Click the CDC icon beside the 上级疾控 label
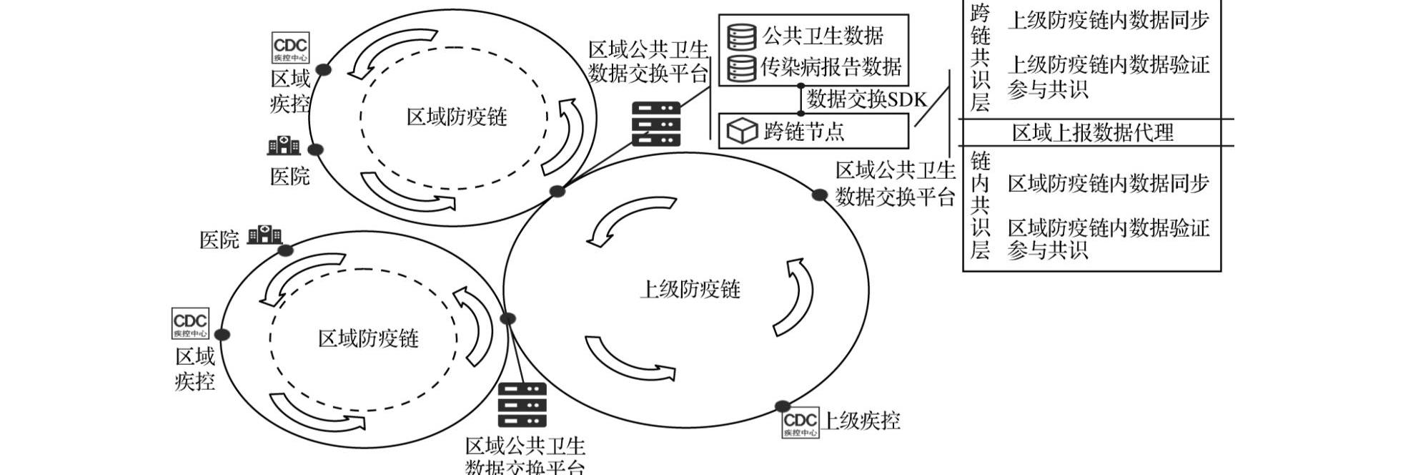tap(800, 423)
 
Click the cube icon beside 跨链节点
tap(741, 132)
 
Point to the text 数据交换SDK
tap(866, 99)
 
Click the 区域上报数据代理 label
tap(1092, 133)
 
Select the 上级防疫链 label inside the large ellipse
tap(689, 290)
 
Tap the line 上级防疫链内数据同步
tap(1108, 21)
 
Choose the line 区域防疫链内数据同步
tap(1108, 184)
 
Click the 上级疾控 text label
tap(862, 421)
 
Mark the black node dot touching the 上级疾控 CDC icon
tap(783, 406)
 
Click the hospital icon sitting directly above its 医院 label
tap(284, 145)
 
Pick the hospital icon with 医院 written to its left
tap(264, 235)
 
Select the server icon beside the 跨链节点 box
tap(655, 124)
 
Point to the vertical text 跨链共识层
tap(980, 58)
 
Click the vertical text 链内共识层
tap(980, 205)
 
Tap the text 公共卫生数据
tap(823, 36)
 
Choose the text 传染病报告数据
tap(831, 67)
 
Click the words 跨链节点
tap(803, 132)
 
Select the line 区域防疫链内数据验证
tap(1108, 228)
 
